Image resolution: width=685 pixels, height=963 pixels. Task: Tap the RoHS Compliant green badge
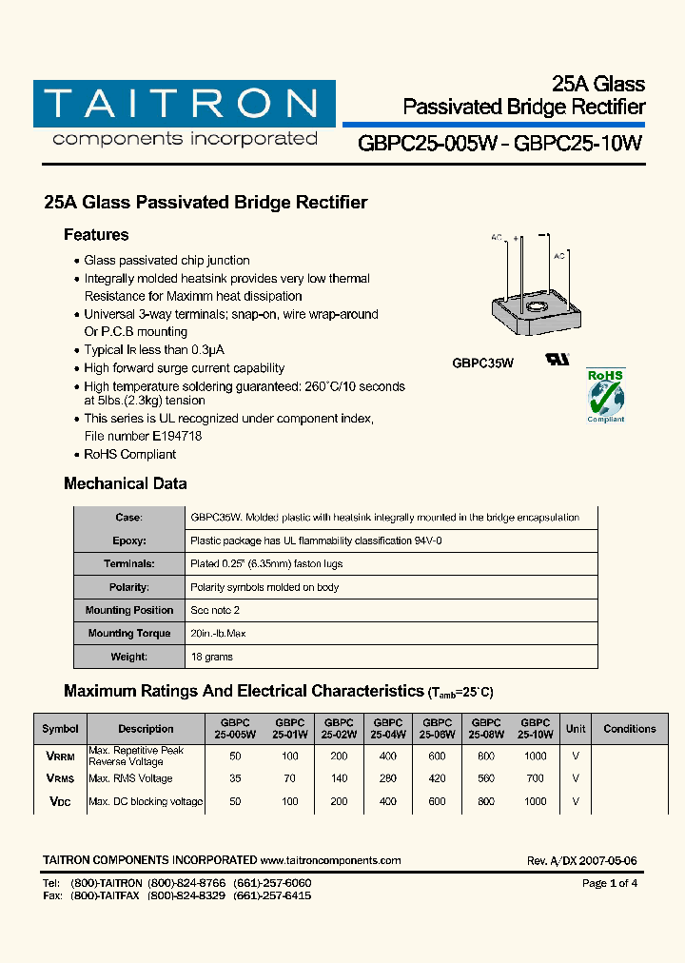(605, 395)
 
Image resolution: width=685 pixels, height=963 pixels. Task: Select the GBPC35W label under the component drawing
(482, 363)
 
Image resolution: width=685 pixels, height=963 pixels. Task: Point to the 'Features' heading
(96, 235)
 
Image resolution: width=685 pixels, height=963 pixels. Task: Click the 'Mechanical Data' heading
(125, 483)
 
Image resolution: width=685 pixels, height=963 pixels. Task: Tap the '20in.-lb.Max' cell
(220, 634)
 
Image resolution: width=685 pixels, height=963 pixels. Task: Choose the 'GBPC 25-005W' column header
(235, 729)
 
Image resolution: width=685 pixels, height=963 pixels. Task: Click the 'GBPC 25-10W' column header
(536, 729)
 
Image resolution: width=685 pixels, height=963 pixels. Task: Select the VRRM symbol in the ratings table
(60, 756)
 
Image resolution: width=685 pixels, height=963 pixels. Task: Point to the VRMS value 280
(387, 778)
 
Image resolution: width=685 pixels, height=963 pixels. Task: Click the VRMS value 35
(235, 778)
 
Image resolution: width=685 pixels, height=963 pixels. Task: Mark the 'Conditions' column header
(629, 729)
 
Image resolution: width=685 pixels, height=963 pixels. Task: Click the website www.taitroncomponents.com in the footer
(330, 860)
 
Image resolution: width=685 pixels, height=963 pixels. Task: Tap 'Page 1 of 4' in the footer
(609, 883)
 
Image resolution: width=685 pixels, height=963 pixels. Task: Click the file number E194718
(169, 436)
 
